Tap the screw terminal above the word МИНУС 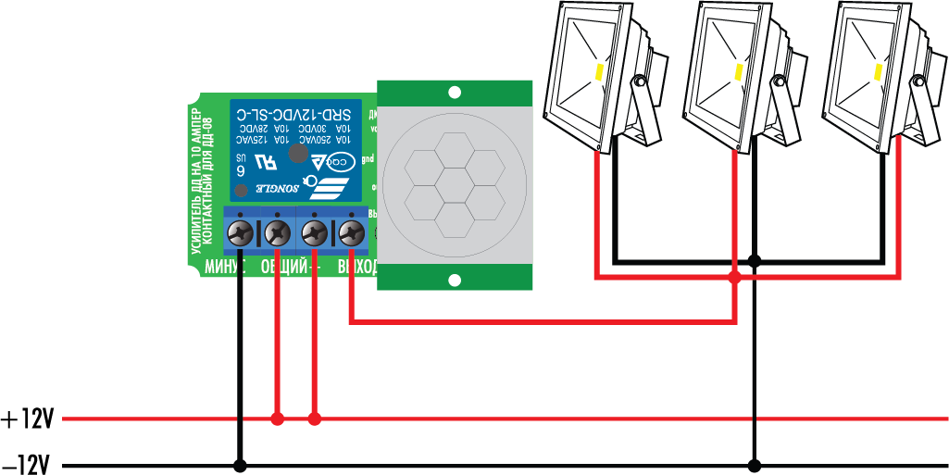[x=242, y=231]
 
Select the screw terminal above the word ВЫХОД [x=350, y=231]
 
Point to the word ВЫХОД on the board [x=357, y=268]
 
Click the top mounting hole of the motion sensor [x=455, y=93]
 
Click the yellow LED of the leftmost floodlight [x=599, y=70]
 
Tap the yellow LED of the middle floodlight [x=738, y=70]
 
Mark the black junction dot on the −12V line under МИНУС [x=241, y=466]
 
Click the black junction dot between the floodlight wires [x=755, y=261]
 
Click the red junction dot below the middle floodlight [x=734, y=277]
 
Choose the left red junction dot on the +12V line [x=277, y=419]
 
